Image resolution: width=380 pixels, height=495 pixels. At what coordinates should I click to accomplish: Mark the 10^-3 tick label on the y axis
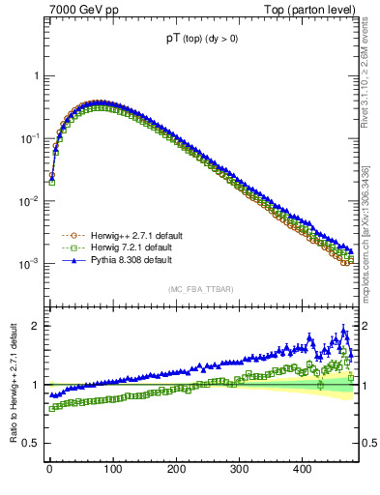pyautogui.click(x=29, y=264)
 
